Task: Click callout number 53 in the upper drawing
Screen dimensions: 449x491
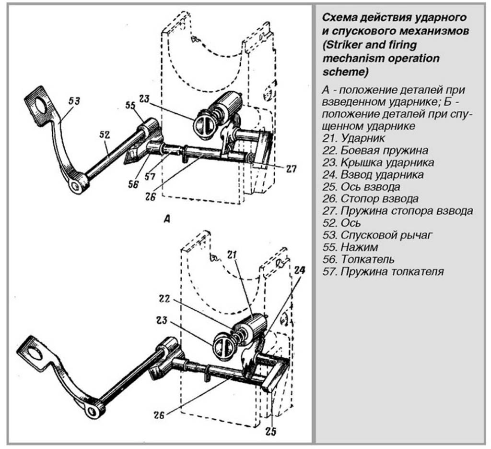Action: click(x=74, y=101)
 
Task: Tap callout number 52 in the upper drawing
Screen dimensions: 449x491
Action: click(x=105, y=136)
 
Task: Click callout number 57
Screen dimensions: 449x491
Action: click(x=150, y=177)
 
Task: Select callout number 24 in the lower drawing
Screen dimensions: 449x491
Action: click(x=299, y=270)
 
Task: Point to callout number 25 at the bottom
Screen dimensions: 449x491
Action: click(x=271, y=431)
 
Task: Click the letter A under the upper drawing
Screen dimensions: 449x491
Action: click(x=168, y=220)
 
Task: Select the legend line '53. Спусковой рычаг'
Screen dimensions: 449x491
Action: click(x=378, y=235)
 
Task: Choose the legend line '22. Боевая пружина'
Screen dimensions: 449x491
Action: click(x=375, y=151)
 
